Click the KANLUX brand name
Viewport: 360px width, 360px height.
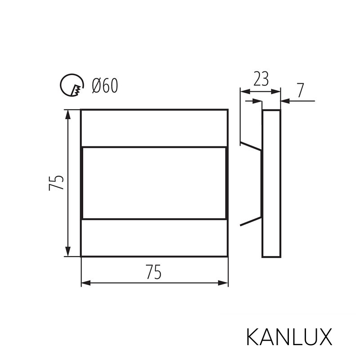(289, 337)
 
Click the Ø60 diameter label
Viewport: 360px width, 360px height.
(104, 85)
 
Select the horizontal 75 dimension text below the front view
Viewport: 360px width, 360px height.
(154, 272)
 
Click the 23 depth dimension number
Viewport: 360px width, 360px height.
(261, 79)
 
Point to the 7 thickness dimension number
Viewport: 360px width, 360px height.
(300, 90)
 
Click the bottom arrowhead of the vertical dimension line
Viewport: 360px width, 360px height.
(68, 252)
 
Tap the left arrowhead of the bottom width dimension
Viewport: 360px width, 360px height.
(86, 283)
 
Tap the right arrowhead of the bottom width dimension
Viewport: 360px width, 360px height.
(223, 283)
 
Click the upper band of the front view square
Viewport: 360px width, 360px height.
(154, 128)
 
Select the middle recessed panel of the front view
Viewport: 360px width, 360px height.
(154, 183)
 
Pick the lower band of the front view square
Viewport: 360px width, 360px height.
(154, 238)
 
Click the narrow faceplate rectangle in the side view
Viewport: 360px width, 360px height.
(271, 183)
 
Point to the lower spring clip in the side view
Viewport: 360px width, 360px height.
(250, 221)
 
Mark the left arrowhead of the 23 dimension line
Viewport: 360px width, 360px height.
(244, 91)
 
